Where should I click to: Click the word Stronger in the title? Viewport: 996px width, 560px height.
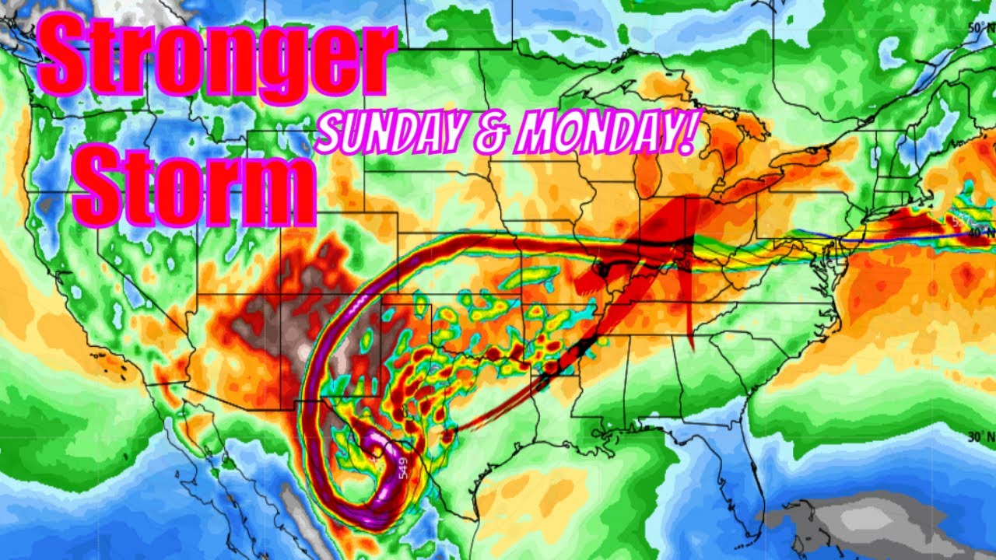[214, 58]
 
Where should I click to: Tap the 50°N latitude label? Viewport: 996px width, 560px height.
[978, 27]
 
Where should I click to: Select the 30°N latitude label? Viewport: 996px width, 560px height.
[979, 436]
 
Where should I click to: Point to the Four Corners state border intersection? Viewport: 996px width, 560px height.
[282, 294]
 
